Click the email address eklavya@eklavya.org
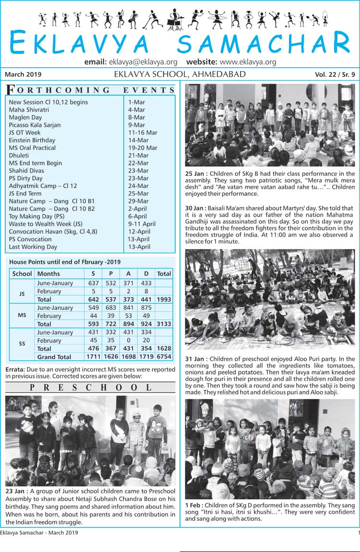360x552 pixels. pos(143,62)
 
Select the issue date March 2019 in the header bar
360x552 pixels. pos(23,74)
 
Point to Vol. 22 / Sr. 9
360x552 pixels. pos(335,74)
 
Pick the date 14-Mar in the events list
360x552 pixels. pos(138,140)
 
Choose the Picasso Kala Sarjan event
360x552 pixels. pos(35,125)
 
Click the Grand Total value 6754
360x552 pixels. pos(164,357)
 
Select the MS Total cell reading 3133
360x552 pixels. pos(164,324)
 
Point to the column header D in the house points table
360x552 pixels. pos(146,274)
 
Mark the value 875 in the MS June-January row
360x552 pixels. pos(146,308)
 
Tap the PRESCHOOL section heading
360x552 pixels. pos(91,387)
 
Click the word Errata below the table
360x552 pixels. pos(16,370)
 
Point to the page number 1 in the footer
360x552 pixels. pos(358,533)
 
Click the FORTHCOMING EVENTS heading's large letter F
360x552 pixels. pos(11,90)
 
